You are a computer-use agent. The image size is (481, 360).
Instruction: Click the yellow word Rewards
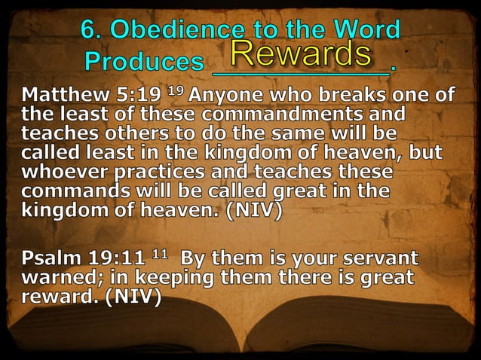[x=302, y=53]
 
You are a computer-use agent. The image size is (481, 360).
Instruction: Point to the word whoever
[x=62, y=171]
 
